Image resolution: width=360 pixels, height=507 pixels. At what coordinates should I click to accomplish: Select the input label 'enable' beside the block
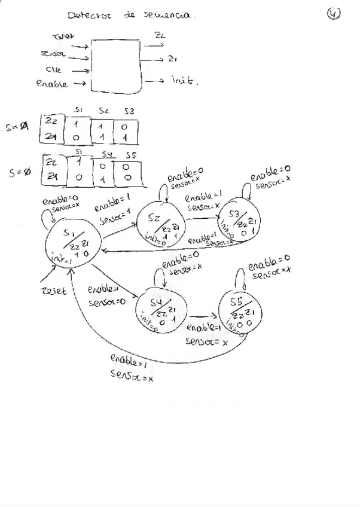pyautogui.click(x=51, y=84)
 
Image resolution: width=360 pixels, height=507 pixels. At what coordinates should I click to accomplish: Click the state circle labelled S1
pyautogui.click(x=72, y=245)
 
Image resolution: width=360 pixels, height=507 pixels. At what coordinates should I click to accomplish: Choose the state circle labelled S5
pyautogui.click(x=240, y=310)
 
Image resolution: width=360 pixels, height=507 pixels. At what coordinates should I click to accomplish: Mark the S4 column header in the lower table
pyautogui.click(x=104, y=155)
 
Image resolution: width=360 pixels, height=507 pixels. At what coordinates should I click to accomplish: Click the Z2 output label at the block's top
pyautogui.click(x=160, y=35)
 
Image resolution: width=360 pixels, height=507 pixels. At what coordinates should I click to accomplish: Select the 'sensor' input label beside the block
pyautogui.click(x=53, y=55)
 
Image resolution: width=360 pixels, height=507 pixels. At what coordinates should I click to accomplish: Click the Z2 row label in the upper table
pyautogui.click(x=51, y=121)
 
